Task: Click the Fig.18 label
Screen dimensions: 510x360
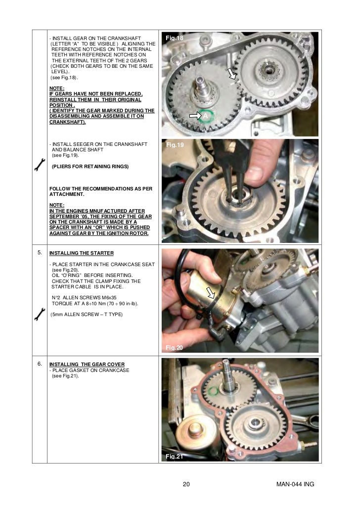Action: pos(175,38)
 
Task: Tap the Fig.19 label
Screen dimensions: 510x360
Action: pos(175,145)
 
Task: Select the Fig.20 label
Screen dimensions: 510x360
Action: pos(174,348)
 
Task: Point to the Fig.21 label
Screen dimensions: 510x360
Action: pos(174,457)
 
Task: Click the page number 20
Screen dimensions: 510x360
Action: pos(186,484)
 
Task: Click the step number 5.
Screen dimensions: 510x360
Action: pos(39,253)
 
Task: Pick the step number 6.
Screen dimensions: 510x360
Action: pos(39,364)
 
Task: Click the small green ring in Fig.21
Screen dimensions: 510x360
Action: pos(214,391)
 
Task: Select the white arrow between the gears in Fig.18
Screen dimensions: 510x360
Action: pos(231,74)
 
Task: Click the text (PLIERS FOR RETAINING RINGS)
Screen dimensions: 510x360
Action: pos(90,167)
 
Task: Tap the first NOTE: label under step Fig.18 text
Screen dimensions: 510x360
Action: pos(57,88)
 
